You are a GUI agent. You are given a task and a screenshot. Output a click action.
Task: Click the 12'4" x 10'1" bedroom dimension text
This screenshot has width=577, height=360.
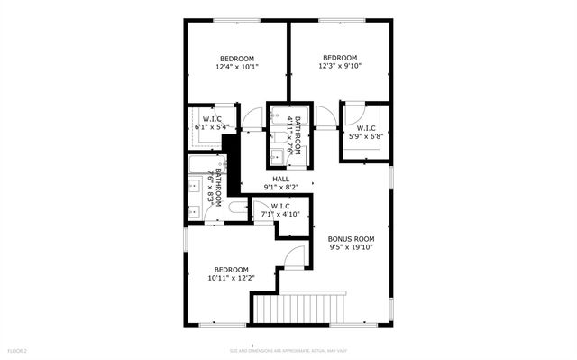237,67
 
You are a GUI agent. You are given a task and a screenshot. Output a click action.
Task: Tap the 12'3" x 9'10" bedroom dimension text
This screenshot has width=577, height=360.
340,65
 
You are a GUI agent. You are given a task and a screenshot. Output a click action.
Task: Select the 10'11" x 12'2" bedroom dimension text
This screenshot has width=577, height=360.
231,278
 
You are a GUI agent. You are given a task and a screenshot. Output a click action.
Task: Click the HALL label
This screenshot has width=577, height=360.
281,179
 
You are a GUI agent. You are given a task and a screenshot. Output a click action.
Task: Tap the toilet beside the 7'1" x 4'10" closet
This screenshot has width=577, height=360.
237,208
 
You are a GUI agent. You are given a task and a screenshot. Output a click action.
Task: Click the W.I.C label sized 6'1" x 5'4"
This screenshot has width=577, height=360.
213,119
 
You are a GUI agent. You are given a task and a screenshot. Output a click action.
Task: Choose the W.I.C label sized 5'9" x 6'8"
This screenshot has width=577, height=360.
366,128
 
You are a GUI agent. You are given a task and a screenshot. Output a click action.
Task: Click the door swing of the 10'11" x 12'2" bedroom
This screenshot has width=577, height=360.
294,257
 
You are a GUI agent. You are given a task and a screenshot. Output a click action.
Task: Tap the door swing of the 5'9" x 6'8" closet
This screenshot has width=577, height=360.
353,113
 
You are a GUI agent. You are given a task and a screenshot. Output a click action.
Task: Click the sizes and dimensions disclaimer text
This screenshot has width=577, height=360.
288,350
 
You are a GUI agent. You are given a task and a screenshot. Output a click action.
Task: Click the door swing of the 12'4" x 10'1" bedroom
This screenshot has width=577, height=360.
253,116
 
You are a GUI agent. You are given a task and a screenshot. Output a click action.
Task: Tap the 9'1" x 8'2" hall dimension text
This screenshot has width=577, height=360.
281,188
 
